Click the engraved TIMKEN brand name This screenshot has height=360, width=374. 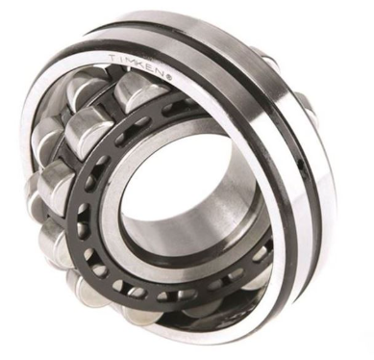[137, 64]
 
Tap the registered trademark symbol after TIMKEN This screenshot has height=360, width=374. [170, 77]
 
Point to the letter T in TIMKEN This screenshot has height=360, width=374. [112, 59]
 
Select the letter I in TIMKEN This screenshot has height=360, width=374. [121, 58]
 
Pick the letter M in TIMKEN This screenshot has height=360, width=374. [131, 60]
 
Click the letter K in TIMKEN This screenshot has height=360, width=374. [142, 63]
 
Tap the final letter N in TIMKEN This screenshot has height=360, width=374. [162, 72]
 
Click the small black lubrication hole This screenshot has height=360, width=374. [300, 166]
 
